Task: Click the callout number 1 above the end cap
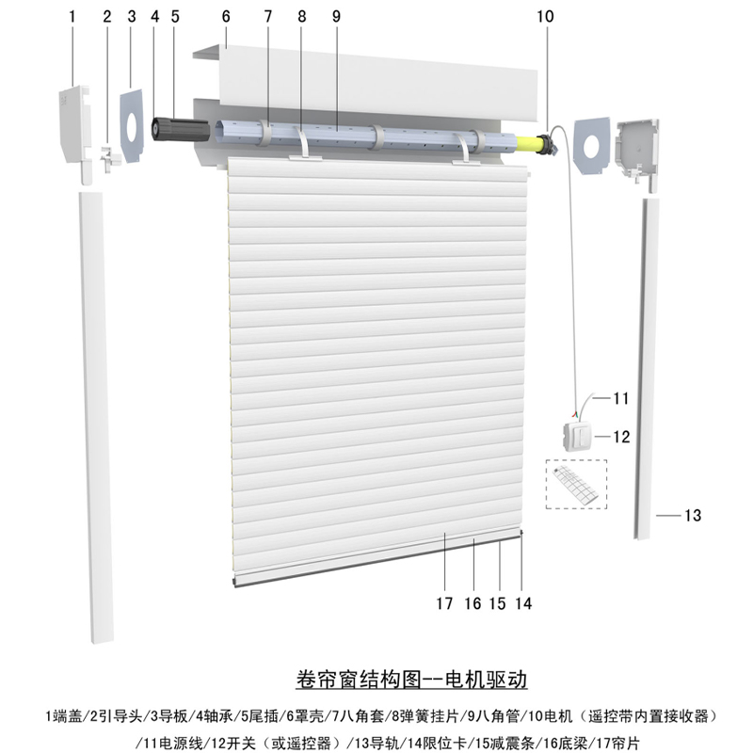[72, 16]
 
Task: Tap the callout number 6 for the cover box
[226, 16]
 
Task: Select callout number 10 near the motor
[545, 16]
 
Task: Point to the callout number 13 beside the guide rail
[693, 515]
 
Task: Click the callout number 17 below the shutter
[444, 603]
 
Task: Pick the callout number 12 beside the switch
[621, 437]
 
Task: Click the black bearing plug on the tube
[180, 130]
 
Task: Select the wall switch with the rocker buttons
[578, 437]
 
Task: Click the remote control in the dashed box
[575, 485]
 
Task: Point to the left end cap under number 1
[75, 134]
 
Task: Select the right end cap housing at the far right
[637, 152]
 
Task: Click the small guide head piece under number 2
[109, 157]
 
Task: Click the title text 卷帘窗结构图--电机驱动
[411, 680]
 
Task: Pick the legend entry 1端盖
[64, 716]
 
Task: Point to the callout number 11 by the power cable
[621, 398]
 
